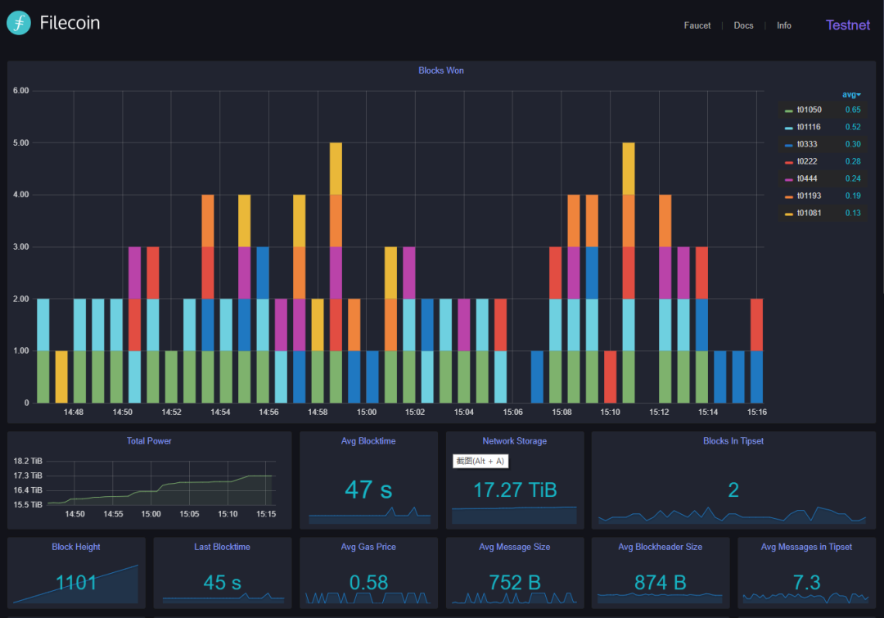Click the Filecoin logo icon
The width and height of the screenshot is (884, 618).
coord(19,23)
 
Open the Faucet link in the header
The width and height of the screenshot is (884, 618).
coord(697,25)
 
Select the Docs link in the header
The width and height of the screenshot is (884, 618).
coord(743,25)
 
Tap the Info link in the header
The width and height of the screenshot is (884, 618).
coord(783,25)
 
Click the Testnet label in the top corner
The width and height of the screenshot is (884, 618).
coord(848,25)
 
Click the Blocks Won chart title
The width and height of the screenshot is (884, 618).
coord(441,70)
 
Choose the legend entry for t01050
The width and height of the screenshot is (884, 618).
coord(809,110)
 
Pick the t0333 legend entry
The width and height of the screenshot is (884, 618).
coord(807,144)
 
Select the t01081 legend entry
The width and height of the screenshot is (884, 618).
coord(809,213)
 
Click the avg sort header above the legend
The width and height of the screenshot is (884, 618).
coord(851,95)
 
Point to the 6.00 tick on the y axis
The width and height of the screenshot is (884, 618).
coord(20,91)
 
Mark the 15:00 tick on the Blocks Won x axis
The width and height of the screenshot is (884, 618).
coord(367,413)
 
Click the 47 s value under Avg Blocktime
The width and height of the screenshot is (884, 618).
coord(368,489)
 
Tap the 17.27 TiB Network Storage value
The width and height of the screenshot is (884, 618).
coord(515,489)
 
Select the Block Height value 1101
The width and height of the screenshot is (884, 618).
coord(76,583)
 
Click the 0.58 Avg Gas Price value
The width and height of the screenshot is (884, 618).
coord(368,583)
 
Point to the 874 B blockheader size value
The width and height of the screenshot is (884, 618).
coord(661,583)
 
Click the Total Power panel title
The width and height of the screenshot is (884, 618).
coord(149,441)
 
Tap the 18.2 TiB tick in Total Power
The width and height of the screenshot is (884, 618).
coord(28,461)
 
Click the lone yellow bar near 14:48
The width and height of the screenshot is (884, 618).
coord(61,377)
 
